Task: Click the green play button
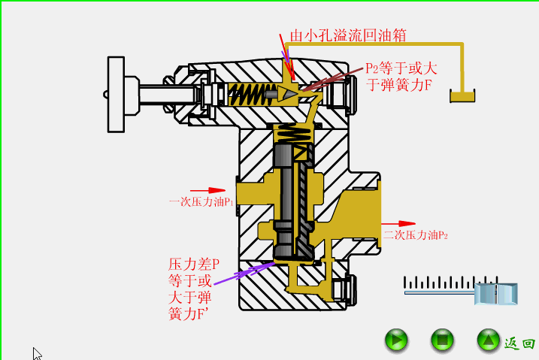(x=396, y=340)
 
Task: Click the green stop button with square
(x=442, y=340)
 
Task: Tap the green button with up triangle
(x=489, y=340)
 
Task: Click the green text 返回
(x=519, y=343)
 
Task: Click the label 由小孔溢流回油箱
(x=349, y=35)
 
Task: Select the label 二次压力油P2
(x=416, y=235)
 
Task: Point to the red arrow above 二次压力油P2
(x=398, y=223)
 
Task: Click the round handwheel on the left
(x=116, y=95)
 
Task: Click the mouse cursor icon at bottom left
(x=37, y=353)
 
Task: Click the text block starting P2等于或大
(x=401, y=76)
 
